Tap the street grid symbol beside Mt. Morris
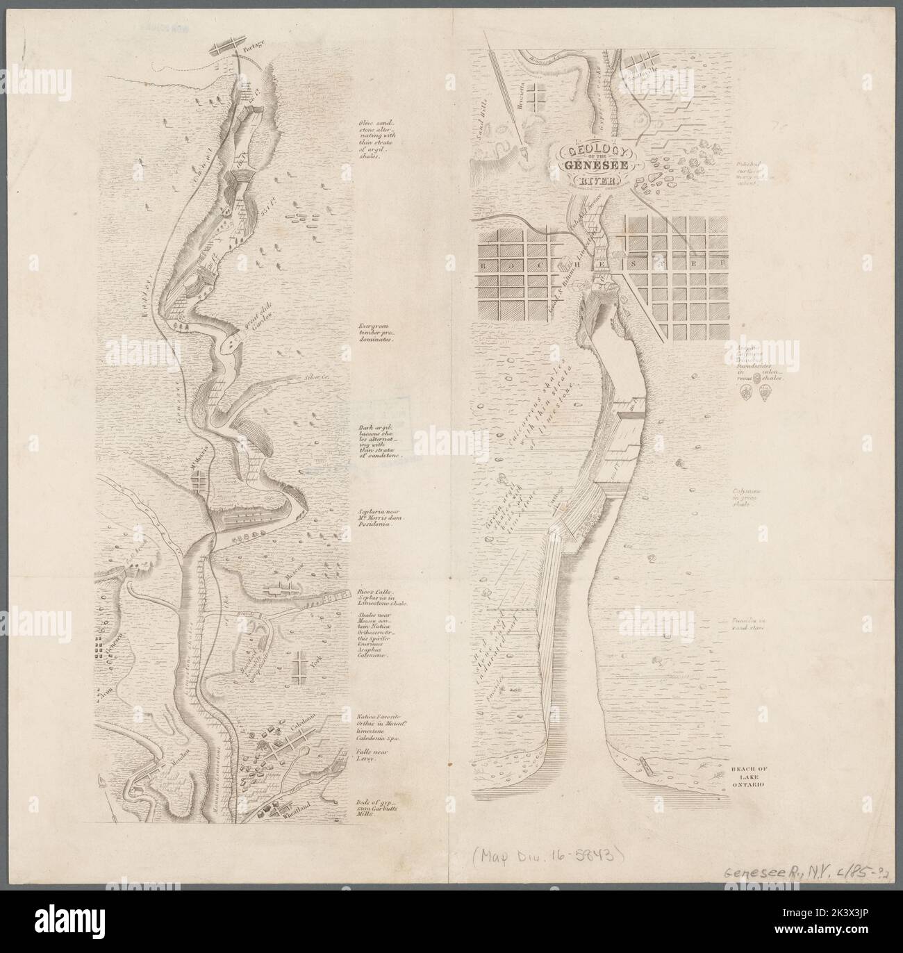(x=200, y=479)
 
